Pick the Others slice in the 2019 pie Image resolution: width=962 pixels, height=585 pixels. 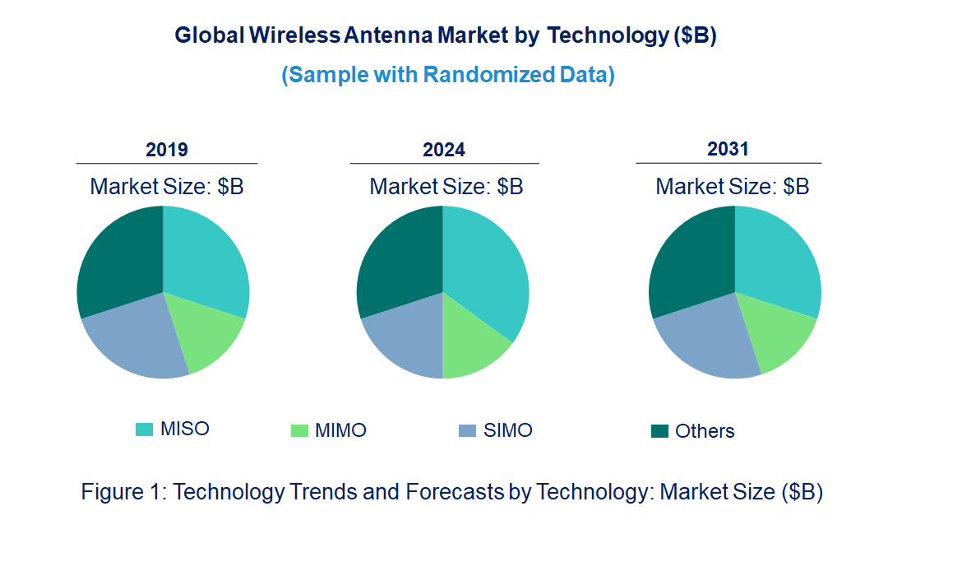[x=119, y=259]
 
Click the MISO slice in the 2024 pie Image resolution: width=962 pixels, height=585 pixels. [x=489, y=272]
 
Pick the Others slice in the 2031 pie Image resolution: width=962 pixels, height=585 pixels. [x=691, y=259]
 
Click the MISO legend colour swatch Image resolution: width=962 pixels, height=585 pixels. [x=144, y=429]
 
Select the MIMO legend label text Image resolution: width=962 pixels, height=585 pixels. [x=340, y=430]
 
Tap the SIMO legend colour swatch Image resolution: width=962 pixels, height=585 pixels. [x=467, y=430]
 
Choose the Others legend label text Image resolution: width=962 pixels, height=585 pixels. [x=705, y=431]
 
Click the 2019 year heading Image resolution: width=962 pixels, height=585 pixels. [x=167, y=150]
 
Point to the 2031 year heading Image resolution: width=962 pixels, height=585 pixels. [x=728, y=149]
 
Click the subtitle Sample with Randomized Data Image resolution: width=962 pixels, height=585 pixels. [x=448, y=75]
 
